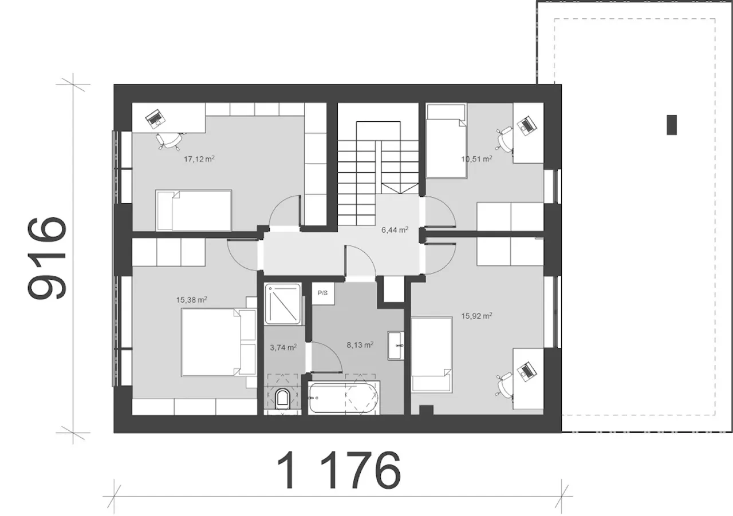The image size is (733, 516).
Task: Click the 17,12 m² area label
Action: [199, 159]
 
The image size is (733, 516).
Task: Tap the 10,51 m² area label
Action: [476, 159]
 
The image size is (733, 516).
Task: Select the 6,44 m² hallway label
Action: [395, 229]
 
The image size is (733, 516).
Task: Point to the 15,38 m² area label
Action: [191, 299]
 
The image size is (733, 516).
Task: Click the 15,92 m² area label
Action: [476, 316]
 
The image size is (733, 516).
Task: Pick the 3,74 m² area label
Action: [283, 347]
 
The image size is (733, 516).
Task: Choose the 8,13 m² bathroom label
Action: [360, 344]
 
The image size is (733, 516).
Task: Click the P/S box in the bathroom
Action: [322, 293]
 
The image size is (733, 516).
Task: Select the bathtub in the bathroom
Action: [344, 398]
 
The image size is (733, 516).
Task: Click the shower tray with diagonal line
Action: [283, 304]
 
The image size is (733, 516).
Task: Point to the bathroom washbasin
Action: [396, 346]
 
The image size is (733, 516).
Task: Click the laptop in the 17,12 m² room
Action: [155, 118]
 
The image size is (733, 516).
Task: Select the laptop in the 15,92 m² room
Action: [526, 371]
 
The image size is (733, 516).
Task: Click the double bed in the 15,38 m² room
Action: [219, 342]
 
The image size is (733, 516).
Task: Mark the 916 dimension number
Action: [47, 259]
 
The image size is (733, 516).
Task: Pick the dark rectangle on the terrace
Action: [672, 125]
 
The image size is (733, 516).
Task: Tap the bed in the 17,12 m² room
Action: [194, 211]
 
